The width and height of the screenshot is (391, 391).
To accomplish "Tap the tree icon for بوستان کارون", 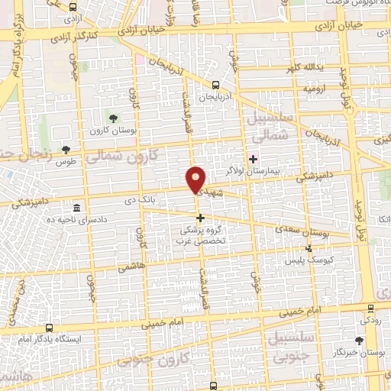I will click(113, 118).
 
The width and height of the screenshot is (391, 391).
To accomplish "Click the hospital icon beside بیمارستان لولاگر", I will click(254, 159).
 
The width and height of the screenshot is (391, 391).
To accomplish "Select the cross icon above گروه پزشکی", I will click(201, 218).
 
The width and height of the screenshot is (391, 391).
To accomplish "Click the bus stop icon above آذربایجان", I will click(216, 86).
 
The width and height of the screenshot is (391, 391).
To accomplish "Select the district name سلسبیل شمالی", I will click(267, 127).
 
